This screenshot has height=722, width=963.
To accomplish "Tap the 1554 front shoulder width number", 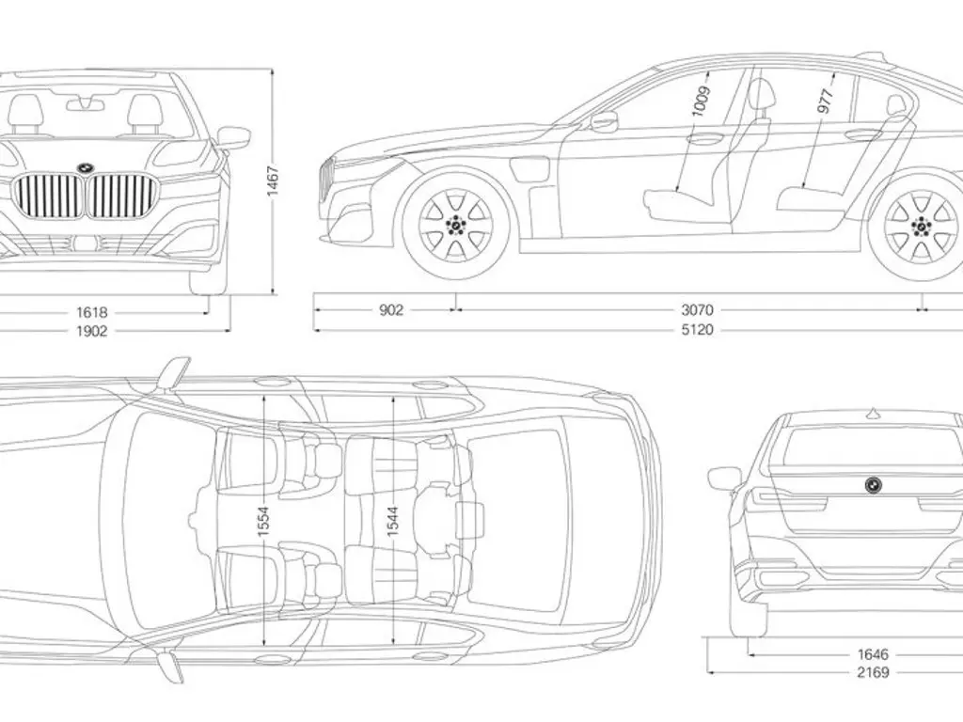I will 264,526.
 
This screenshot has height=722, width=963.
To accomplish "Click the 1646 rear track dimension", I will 873,653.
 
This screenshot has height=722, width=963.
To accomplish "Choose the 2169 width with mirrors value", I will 873,672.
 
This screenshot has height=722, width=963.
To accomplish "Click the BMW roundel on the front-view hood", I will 84,167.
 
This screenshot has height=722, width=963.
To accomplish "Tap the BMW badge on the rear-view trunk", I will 873,484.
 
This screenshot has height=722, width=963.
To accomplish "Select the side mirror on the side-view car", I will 604,121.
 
